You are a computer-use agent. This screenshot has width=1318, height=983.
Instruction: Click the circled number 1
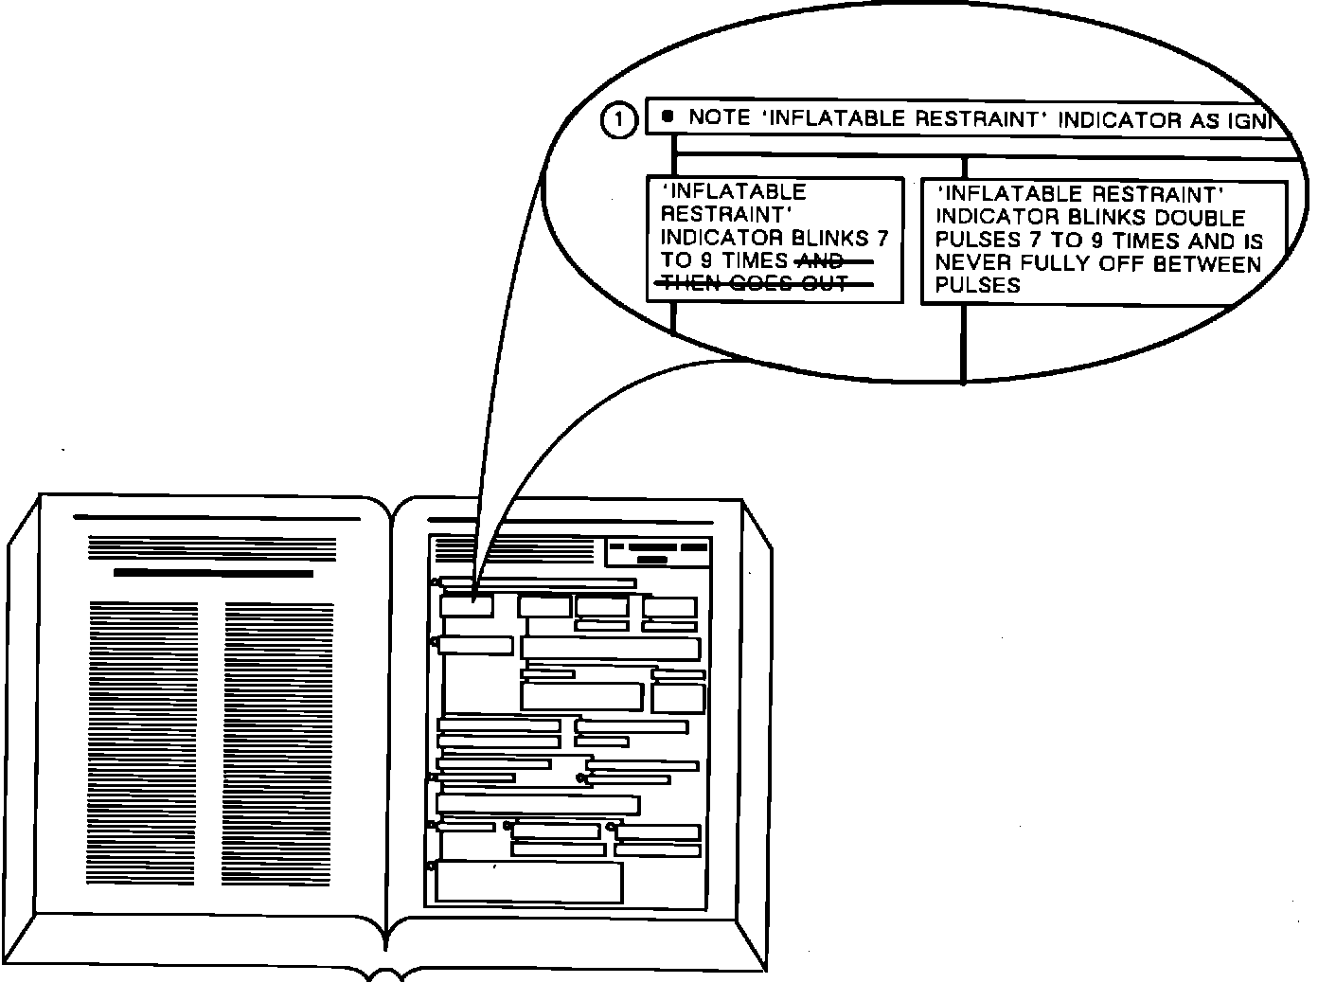pyautogui.click(x=619, y=120)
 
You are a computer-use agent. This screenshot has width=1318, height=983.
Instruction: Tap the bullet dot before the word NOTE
pyautogui.click(x=668, y=116)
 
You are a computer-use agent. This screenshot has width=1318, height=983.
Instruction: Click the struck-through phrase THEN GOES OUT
pyautogui.click(x=754, y=284)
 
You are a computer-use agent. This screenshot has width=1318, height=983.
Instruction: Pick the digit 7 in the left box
pyautogui.click(x=882, y=238)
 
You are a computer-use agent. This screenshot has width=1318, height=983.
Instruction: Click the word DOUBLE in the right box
pyautogui.click(x=1200, y=218)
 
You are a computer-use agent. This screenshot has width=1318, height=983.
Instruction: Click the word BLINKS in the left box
pyautogui.click(x=831, y=238)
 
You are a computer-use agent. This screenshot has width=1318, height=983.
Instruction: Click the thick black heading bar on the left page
pyautogui.click(x=213, y=573)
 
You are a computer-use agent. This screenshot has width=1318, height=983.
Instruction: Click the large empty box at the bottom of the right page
pyautogui.click(x=528, y=882)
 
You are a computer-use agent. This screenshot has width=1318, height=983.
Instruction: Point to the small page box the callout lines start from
pyautogui.click(x=467, y=605)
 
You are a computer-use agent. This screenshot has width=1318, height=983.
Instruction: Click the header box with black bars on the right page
pyautogui.click(x=658, y=551)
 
